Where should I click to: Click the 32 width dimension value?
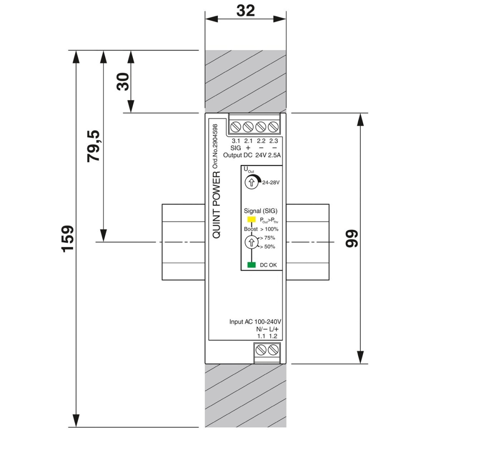(x=245, y=11)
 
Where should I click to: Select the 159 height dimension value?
(x=68, y=239)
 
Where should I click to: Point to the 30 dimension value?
(x=123, y=81)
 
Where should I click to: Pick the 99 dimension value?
(x=352, y=239)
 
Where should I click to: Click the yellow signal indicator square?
(x=251, y=219)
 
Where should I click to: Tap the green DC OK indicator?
(x=251, y=265)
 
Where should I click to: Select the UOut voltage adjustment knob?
(x=251, y=182)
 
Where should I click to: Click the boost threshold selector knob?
(x=251, y=242)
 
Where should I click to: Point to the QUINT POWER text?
(x=216, y=205)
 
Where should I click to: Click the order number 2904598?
(x=215, y=147)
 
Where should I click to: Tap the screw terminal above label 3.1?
(x=235, y=127)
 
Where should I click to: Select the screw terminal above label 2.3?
(x=273, y=127)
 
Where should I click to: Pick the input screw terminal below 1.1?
(x=261, y=350)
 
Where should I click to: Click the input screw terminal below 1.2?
(x=273, y=350)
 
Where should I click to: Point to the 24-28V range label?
(x=271, y=182)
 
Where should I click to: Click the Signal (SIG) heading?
(x=261, y=211)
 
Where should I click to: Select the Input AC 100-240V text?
(x=255, y=322)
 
